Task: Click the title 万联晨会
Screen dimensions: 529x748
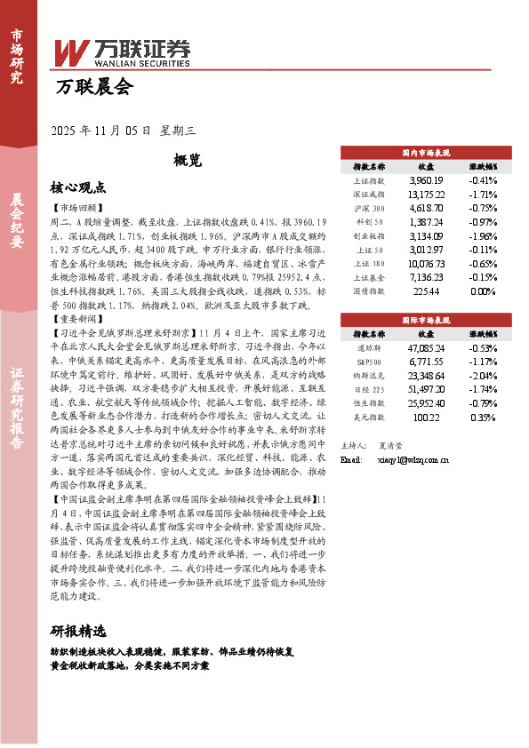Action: (92, 87)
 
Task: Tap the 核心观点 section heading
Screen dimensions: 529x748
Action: (78, 187)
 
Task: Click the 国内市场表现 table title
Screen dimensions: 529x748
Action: (426, 153)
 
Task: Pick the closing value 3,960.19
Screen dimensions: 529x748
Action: (426, 180)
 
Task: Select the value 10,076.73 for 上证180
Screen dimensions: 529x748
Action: (426, 264)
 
